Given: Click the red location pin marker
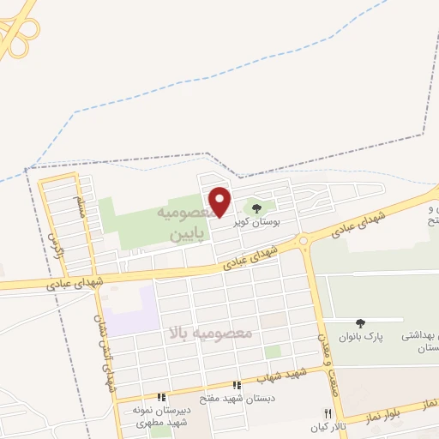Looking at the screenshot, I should point(220,201).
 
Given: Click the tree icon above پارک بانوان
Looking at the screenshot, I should point(360,323).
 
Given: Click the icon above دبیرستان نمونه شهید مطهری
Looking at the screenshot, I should point(161,398).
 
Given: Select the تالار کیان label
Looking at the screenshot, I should point(327,426).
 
